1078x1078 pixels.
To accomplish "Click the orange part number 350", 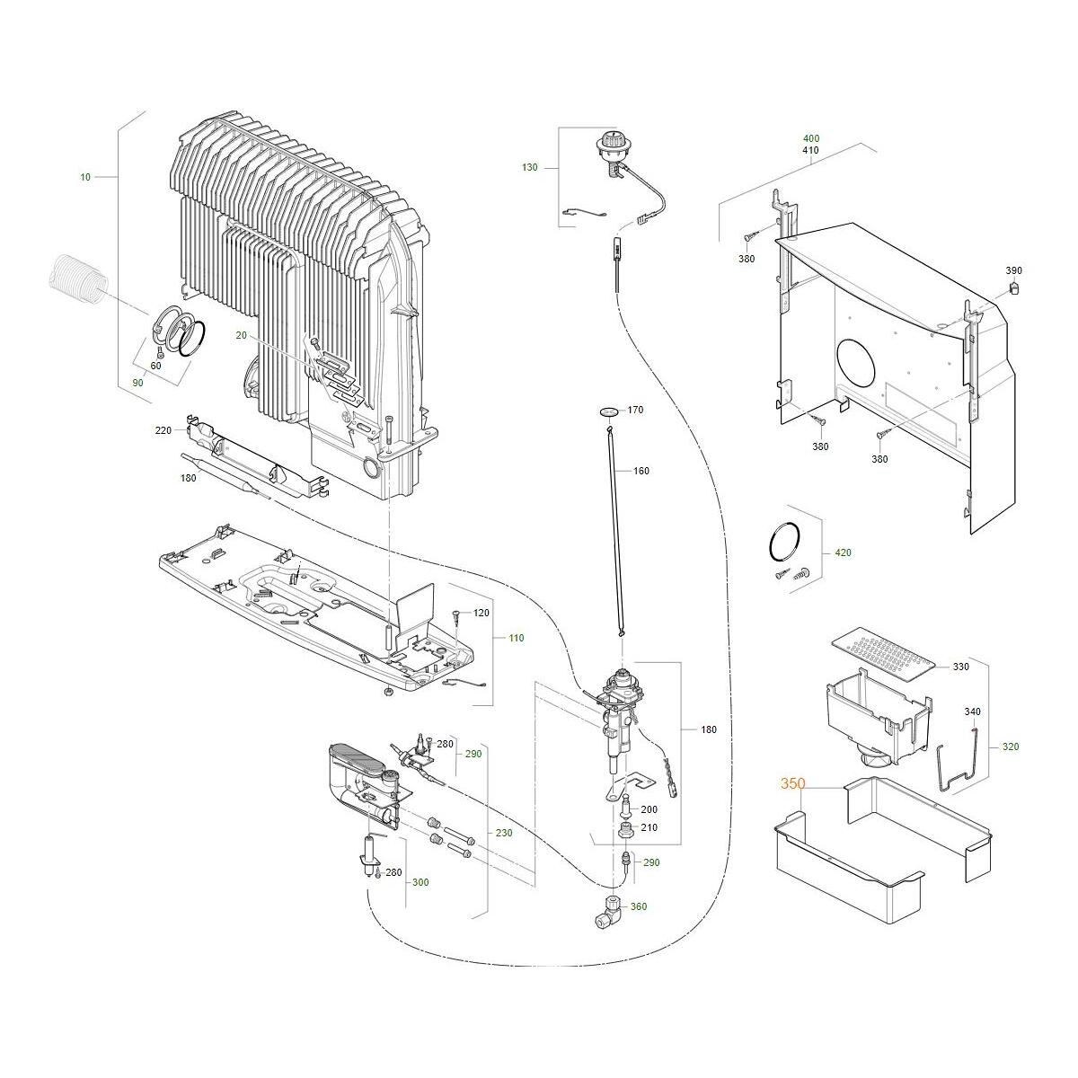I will click(792, 784).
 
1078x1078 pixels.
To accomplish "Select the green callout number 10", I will click(85, 177).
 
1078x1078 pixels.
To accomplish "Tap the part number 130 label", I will click(529, 167).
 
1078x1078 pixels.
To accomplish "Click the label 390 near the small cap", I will click(1013, 270).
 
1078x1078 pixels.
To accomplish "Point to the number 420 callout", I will click(843, 553).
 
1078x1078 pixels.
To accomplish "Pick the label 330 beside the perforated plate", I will click(960, 667).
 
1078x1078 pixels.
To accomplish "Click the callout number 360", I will click(639, 906).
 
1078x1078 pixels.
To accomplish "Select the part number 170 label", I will click(635, 411).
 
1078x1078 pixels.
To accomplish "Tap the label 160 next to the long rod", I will click(641, 471).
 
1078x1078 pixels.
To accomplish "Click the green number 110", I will click(516, 638).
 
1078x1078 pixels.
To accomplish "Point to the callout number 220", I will click(163, 431).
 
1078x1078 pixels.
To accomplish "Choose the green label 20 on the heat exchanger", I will click(241, 335).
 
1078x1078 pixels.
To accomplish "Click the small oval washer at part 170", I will click(610, 412).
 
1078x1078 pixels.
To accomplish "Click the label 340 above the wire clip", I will click(972, 711).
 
